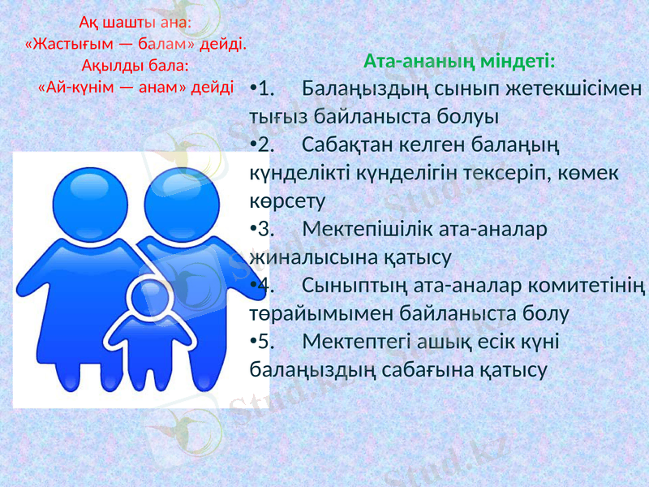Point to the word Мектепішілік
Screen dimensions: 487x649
click(x=365, y=230)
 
